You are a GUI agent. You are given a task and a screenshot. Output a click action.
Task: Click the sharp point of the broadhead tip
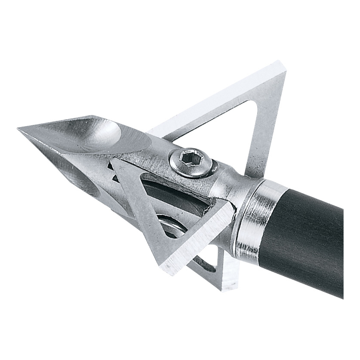(x=19, y=129)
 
